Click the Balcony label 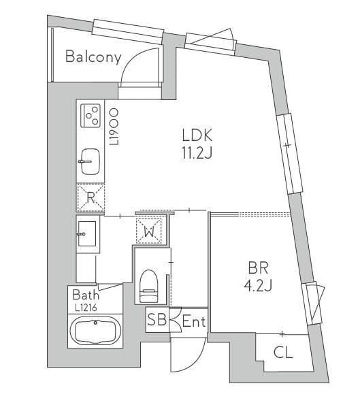[x=93, y=57]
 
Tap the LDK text [x=197, y=135]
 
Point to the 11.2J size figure [x=197, y=153]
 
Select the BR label [x=258, y=268]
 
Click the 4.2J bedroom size [x=258, y=286]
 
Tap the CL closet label [x=283, y=352]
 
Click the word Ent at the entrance [x=194, y=321]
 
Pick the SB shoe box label [x=157, y=320]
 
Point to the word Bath [x=86, y=295]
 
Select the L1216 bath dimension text [x=86, y=308]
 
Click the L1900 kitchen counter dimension [x=114, y=127]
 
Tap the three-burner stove [x=91, y=116]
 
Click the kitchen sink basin [x=90, y=161]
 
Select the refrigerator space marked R [x=91, y=197]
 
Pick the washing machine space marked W [x=149, y=231]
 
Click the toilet [x=149, y=286]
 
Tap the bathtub [x=95, y=331]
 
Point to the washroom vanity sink [x=88, y=234]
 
